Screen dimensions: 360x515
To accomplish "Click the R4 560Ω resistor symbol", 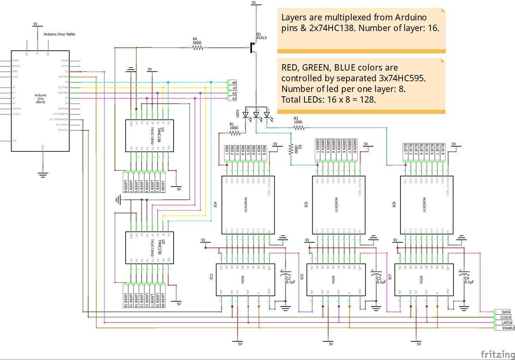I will pos(198,47).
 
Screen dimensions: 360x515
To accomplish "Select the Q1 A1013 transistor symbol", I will pos(253,47).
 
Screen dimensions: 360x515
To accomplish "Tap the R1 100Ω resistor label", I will pos(234,126).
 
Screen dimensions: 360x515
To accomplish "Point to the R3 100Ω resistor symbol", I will pos(299,128).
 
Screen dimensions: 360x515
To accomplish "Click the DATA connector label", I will pos(506,312).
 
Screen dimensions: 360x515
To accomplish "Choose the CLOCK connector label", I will pos(506,317).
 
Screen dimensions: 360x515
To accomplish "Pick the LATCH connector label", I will pos(506,323).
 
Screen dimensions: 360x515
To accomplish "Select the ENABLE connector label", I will pos(508,328).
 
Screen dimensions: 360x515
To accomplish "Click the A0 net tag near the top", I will pos(234,83).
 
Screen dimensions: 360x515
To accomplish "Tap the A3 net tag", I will pos(234,99).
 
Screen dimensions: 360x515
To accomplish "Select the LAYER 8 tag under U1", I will pos(125,186).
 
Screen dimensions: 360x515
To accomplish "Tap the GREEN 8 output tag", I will pos(355,146).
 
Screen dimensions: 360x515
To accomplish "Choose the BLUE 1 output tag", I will pos(405,149).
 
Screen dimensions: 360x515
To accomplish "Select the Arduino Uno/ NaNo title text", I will pos(59,34).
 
